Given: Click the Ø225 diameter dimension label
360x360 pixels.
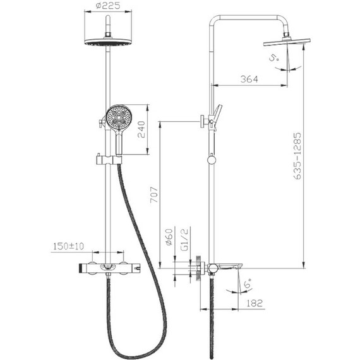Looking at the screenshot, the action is [x=108, y=6].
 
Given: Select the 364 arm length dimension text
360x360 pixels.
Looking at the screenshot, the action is [x=249, y=79].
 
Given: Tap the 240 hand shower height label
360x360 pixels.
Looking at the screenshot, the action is [x=141, y=129].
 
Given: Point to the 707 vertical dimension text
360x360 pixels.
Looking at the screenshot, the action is [x=154, y=195].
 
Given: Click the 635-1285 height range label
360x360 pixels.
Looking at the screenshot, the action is [x=297, y=155].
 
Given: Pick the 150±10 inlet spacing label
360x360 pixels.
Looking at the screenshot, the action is [x=69, y=246].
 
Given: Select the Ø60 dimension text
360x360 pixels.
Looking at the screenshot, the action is [x=169, y=237].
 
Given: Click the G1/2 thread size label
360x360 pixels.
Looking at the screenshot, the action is [x=184, y=239].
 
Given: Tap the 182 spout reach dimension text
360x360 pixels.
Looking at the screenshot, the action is [x=255, y=303].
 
